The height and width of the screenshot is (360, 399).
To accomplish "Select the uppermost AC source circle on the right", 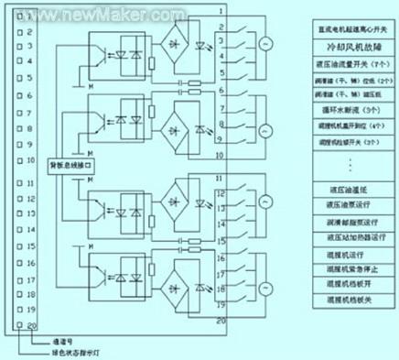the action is pos(267,44).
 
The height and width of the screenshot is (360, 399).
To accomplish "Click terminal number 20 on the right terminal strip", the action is pos(221,322).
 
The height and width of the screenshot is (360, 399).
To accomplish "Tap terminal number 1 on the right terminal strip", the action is pos(221,10).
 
